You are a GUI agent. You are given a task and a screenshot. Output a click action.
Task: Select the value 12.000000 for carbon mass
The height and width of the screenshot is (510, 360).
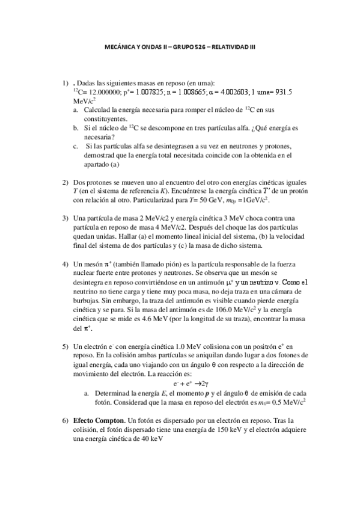(101, 92)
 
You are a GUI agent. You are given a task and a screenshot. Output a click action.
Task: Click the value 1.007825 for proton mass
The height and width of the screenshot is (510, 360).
(148, 92)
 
